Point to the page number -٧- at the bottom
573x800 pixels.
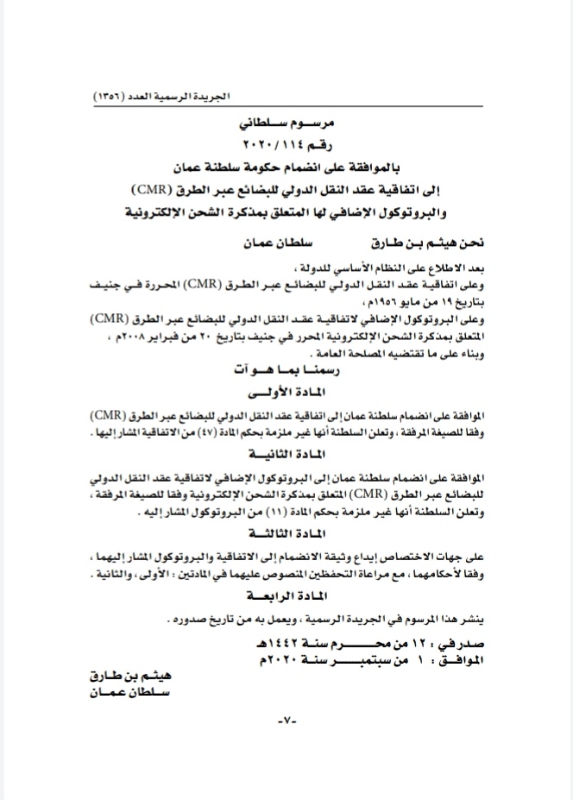(x=285, y=721)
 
